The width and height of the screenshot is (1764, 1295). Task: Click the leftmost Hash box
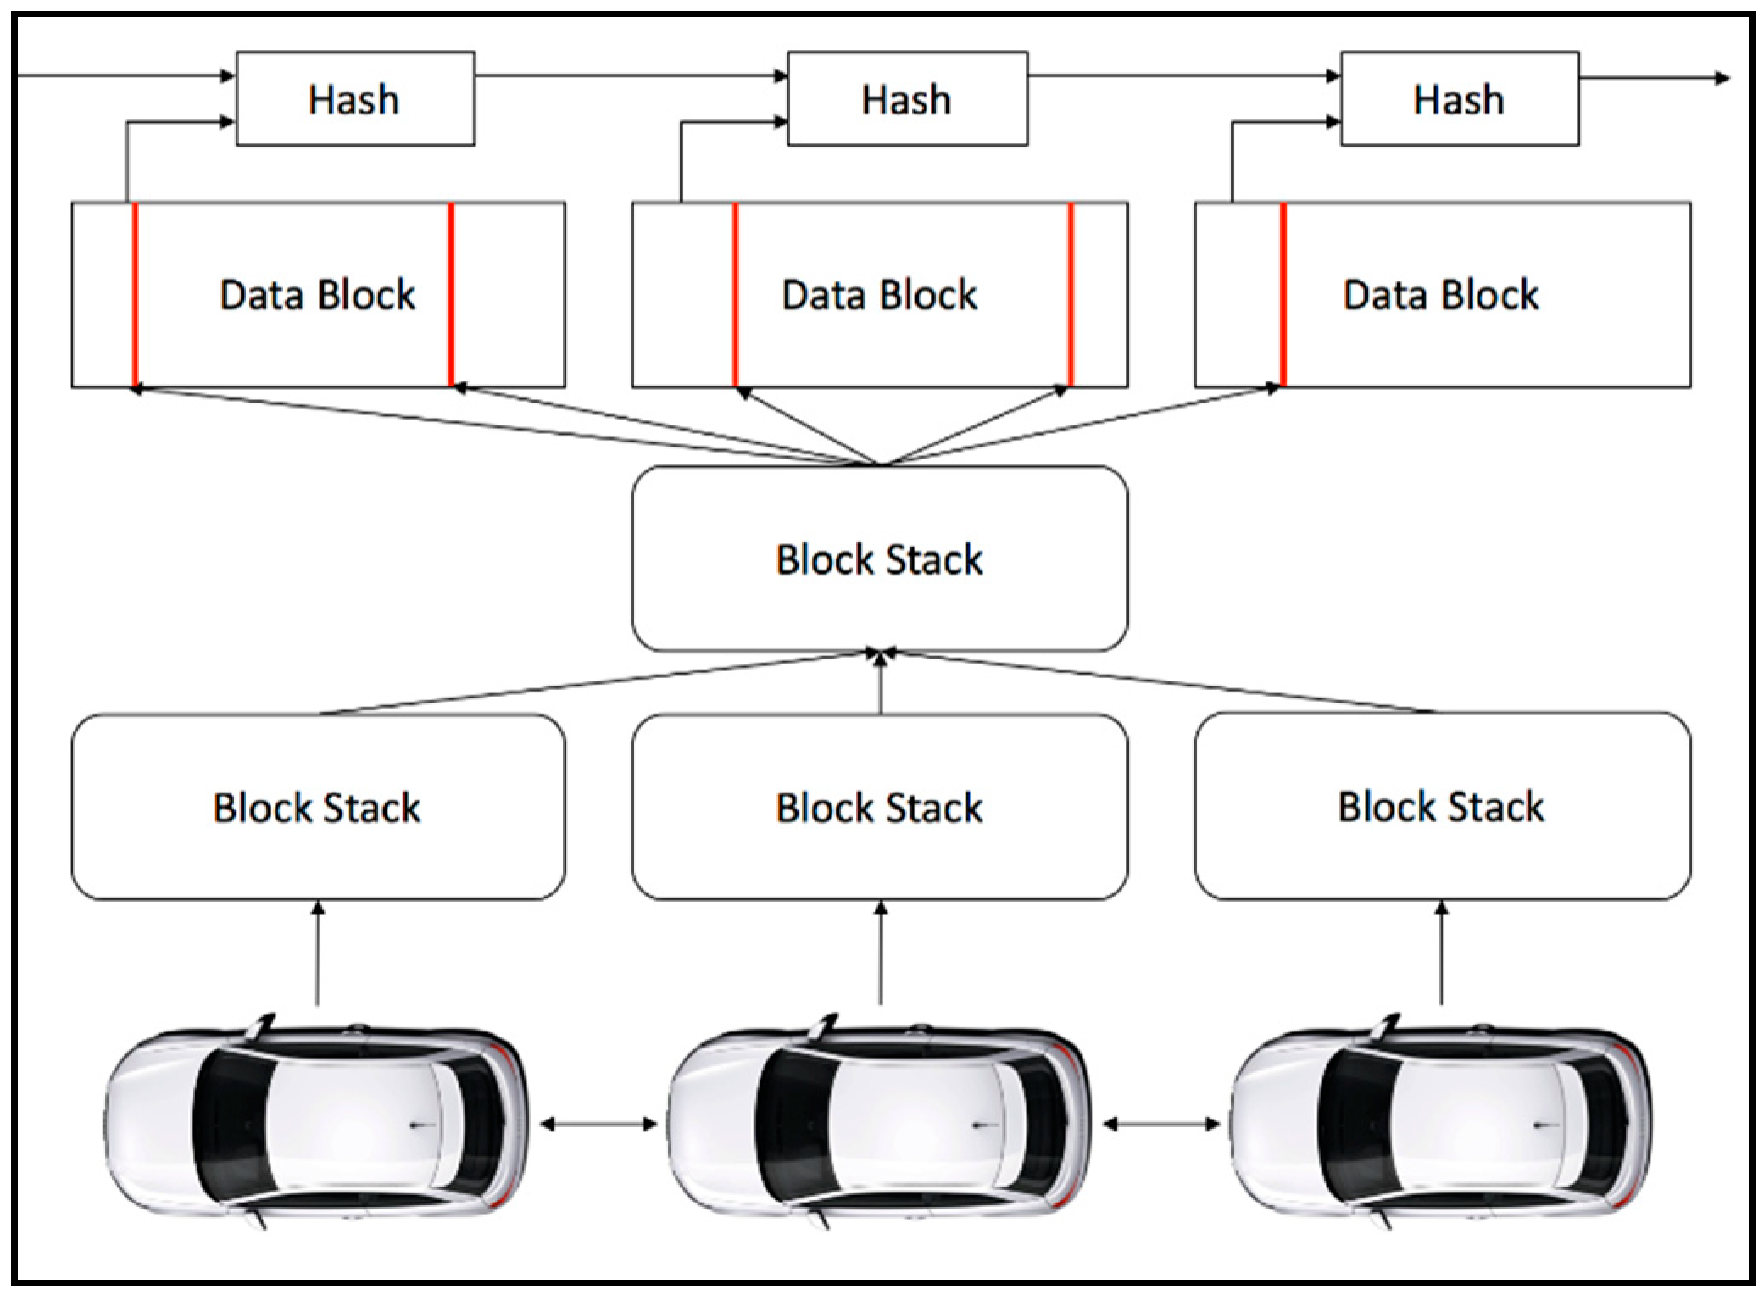pos(355,98)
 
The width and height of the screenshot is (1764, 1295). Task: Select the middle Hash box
pos(907,98)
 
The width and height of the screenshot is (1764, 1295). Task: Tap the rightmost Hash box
pos(1459,98)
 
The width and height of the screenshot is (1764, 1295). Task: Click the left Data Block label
pos(318,295)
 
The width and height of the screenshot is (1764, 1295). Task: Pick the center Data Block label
pos(879,295)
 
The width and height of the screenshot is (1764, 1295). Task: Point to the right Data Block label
pos(1441,295)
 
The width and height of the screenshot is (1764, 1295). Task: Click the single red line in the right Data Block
pos(1283,294)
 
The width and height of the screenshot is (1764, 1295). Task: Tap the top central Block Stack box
pos(880,559)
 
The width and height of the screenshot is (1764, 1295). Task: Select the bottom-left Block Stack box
pos(318,806)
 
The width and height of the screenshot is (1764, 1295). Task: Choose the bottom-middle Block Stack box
pos(880,806)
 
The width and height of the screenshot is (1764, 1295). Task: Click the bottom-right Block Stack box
pos(1442,806)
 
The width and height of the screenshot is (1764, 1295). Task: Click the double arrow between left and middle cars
pos(598,1125)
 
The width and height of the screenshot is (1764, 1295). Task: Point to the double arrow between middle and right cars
pos(1160,1125)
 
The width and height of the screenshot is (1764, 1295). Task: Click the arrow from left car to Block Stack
pos(318,953)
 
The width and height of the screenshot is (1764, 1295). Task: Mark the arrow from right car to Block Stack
pos(1442,953)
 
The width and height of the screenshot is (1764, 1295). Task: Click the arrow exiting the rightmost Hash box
pos(1654,78)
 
